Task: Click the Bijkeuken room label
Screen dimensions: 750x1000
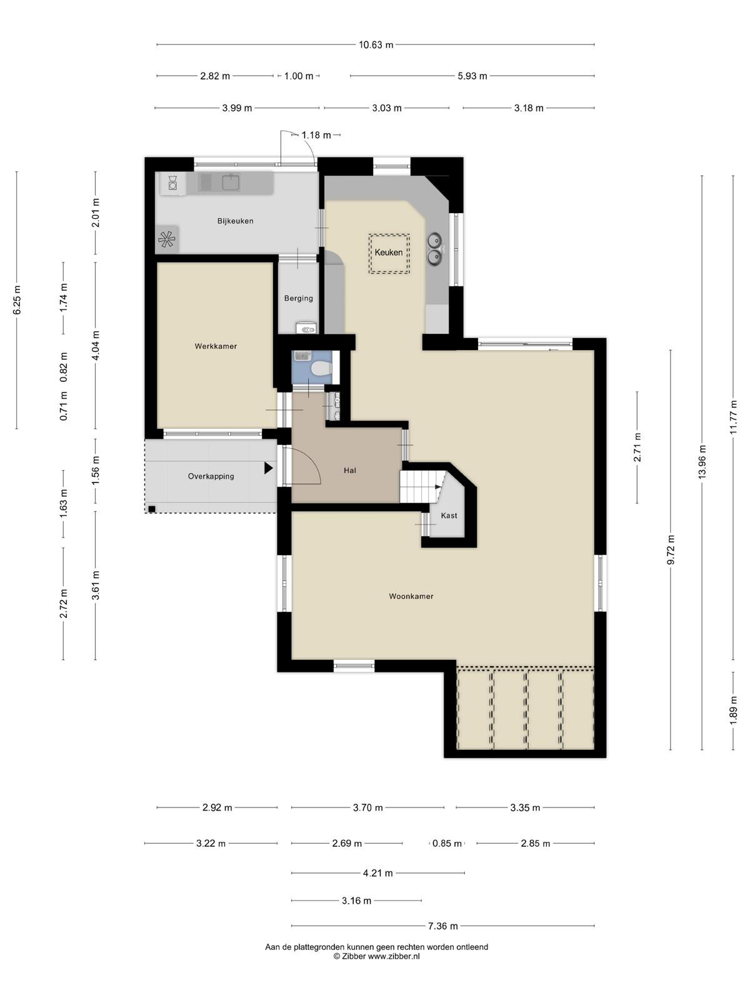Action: pyautogui.click(x=235, y=221)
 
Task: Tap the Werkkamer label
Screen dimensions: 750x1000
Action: pyautogui.click(x=216, y=346)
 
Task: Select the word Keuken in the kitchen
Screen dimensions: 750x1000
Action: pyautogui.click(x=388, y=252)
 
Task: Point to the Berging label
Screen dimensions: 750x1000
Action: pyautogui.click(x=298, y=298)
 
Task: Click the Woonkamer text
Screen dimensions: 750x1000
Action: pyautogui.click(x=411, y=596)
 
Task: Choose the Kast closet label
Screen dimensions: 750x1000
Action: pyautogui.click(x=449, y=515)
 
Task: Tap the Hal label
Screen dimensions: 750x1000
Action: pyautogui.click(x=350, y=470)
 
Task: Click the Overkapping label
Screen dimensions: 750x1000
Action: pyautogui.click(x=211, y=476)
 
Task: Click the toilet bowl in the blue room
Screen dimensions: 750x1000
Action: pyautogui.click(x=319, y=369)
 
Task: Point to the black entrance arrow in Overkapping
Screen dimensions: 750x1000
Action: pyautogui.click(x=269, y=468)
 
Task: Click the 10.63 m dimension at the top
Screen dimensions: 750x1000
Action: pyautogui.click(x=376, y=44)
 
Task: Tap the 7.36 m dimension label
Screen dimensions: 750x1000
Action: pyautogui.click(x=442, y=926)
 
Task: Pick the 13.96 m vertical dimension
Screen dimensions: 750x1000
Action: pyautogui.click(x=702, y=461)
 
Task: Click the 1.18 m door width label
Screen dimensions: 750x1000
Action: pyautogui.click(x=316, y=135)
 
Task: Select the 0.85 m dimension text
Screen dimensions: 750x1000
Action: pyautogui.click(x=447, y=843)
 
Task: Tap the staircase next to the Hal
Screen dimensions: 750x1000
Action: pyautogui.click(x=422, y=486)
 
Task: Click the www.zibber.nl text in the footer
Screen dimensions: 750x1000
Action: pyautogui.click(x=394, y=956)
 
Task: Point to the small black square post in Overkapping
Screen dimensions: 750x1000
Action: pyautogui.click(x=152, y=509)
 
